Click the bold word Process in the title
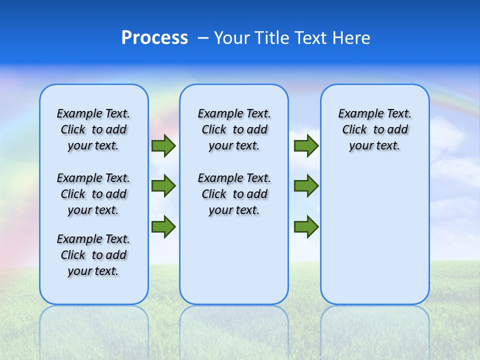pyautogui.click(x=154, y=38)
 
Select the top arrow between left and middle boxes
pyautogui.click(x=163, y=146)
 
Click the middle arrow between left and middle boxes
pyautogui.click(x=163, y=186)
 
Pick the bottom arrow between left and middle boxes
pyautogui.click(x=163, y=226)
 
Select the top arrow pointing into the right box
pyautogui.click(x=306, y=146)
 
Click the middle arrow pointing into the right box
pyautogui.click(x=306, y=186)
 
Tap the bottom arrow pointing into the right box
pyautogui.click(x=306, y=226)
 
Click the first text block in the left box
pyautogui.click(x=93, y=129)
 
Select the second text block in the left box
pyautogui.click(x=93, y=194)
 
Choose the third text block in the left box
pyautogui.click(x=93, y=255)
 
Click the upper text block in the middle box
pyautogui.click(x=234, y=129)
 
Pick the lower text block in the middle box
pyautogui.click(x=234, y=194)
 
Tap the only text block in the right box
pyautogui.click(x=374, y=129)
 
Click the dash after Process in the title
pyautogui.click(x=203, y=38)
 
